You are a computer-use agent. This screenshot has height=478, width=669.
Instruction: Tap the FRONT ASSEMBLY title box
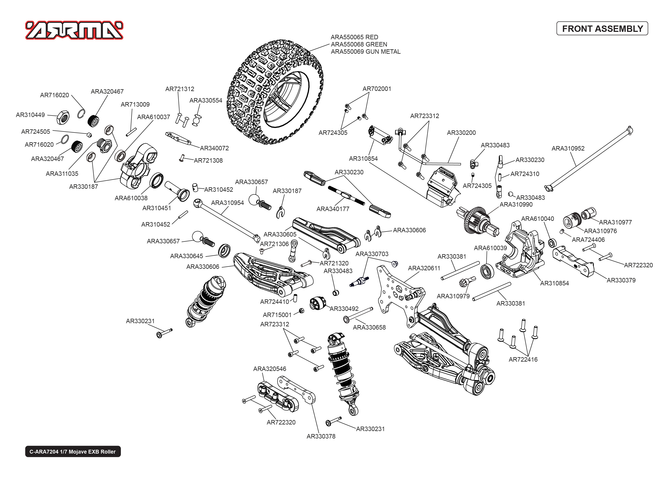[602, 28]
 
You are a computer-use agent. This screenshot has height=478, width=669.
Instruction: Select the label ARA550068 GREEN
[359, 44]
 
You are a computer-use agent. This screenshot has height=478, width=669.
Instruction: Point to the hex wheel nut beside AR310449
[63, 117]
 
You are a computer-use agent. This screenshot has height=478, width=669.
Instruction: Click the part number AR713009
[135, 104]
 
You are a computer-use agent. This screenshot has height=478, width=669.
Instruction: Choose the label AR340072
[214, 148]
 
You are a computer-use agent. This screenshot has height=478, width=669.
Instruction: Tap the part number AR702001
[377, 89]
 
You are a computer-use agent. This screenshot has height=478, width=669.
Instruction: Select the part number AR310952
[568, 149]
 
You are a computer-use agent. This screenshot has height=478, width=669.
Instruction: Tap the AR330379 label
[621, 281]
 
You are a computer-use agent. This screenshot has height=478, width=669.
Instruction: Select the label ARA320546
[269, 369]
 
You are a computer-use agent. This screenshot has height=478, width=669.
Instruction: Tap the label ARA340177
[333, 209]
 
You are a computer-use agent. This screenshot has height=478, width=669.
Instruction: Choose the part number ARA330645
[187, 256]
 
